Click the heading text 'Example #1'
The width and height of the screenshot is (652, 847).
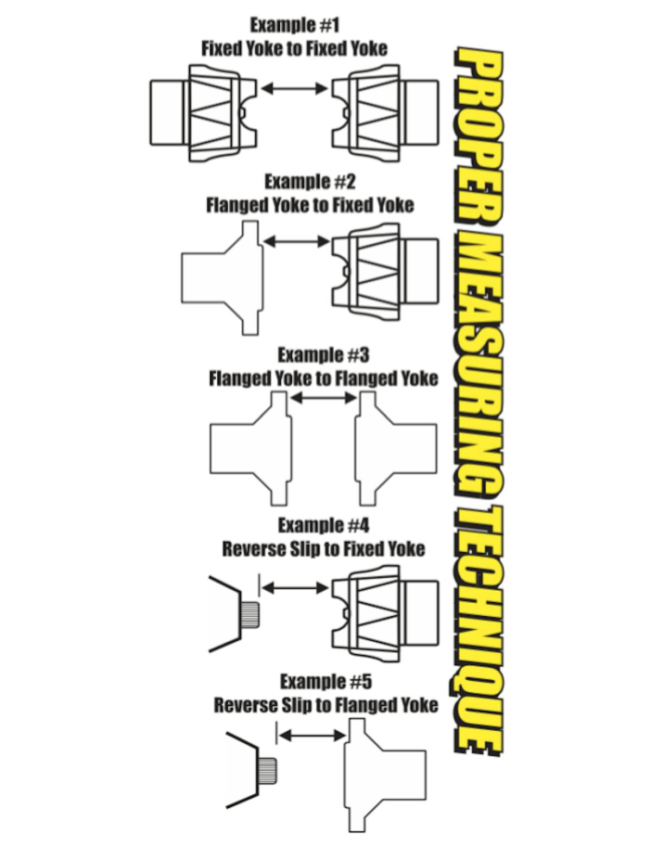click(x=295, y=26)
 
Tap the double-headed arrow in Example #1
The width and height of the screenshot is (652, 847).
click(x=294, y=89)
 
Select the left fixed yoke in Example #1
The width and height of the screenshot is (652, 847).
click(x=204, y=113)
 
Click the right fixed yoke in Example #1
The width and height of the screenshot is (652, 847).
click(x=385, y=113)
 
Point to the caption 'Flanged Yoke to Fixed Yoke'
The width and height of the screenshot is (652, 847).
click(x=310, y=205)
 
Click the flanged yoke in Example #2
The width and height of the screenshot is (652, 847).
click(x=222, y=278)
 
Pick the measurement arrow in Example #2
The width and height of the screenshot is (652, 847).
click(x=297, y=242)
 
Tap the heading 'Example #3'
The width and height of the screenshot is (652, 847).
click(x=323, y=355)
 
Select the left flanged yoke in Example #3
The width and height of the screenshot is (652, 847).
click(x=250, y=449)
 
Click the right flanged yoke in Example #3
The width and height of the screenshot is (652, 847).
click(x=396, y=449)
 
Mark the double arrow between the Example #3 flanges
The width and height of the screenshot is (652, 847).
click(x=324, y=398)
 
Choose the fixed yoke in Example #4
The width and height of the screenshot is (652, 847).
click(x=385, y=615)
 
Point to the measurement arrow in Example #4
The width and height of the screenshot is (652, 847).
click(x=296, y=587)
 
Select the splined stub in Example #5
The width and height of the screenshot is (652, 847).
click(x=267, y=772)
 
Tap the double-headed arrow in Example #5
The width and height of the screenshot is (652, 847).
click(x=313, y=736)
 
